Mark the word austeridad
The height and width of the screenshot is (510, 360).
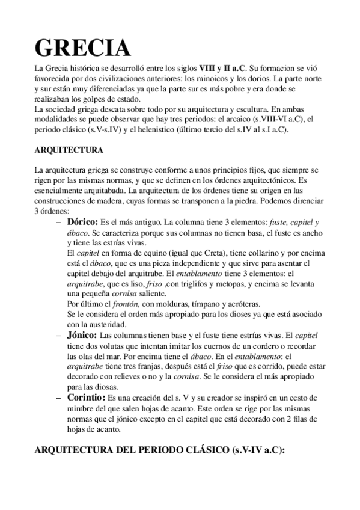tap(108, 324)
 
